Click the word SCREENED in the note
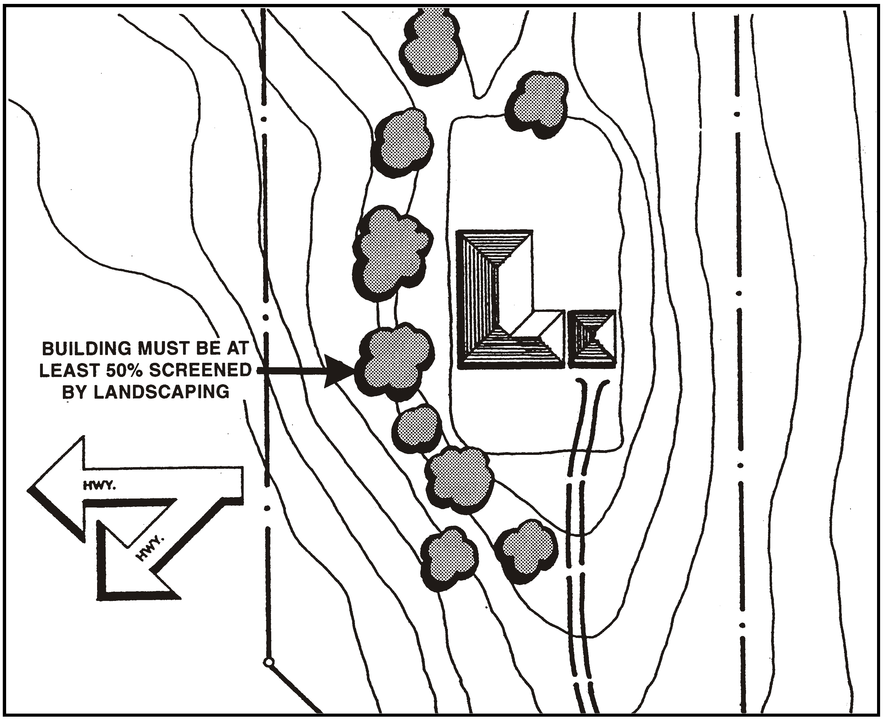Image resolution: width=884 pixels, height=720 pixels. pyautogui.click(x=200, y=370)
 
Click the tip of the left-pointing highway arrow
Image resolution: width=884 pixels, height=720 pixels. pyautogui.click(x=31, y=489)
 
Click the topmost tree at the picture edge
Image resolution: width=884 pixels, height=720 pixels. pyautogui.click(x=431, y=46)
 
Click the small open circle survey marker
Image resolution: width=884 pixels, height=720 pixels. pyautogui.click(x=269, y=662)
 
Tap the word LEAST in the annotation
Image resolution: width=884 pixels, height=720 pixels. pyautogui.click(x=69, y=370)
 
